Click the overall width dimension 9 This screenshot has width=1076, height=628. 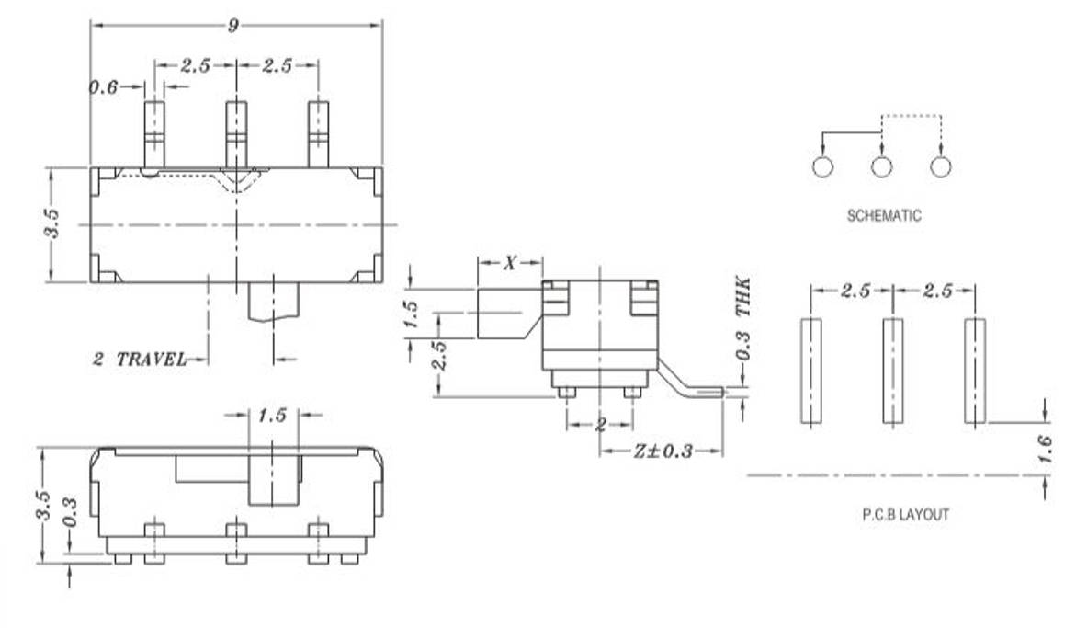click(233, 26)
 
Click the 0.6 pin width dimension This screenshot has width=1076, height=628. click(103, 87)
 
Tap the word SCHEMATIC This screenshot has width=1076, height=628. click(883, 216)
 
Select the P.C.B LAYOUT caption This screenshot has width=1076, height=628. click(905, 514)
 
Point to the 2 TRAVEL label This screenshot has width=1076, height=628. click(139, 359)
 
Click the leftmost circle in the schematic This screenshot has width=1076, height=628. click(822, 167)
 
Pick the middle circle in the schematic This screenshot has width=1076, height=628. click(882, 167)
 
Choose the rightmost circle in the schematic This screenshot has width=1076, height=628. click(940, 167)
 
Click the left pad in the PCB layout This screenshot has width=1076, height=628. click(810, 371)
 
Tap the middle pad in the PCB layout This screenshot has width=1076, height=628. click(892, 371)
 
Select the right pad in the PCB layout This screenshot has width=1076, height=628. click(974, 371)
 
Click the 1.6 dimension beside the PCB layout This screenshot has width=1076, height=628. click(1044, 450)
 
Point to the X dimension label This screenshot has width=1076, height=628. click(510, 264)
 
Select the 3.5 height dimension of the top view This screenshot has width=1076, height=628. click(52, 224)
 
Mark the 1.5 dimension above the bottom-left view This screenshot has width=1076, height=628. click(272, 416)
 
